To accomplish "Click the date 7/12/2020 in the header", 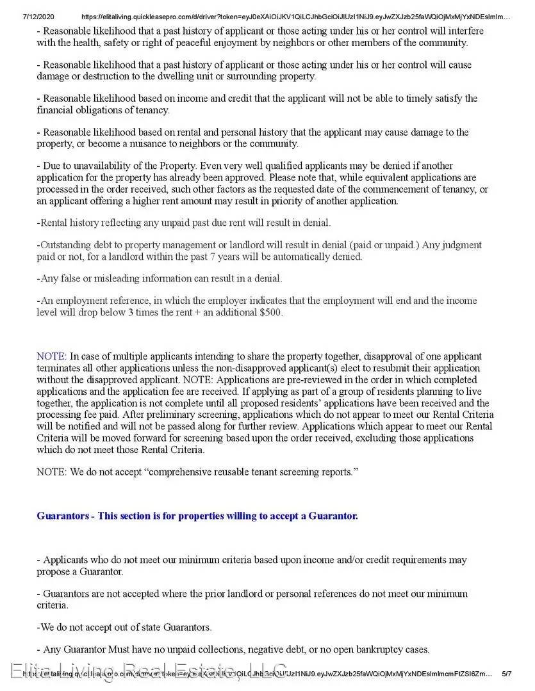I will (x=21, y=16).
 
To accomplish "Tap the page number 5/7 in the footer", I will (x=506, y=674).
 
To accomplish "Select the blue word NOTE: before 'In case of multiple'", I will (x=51, y=356).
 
